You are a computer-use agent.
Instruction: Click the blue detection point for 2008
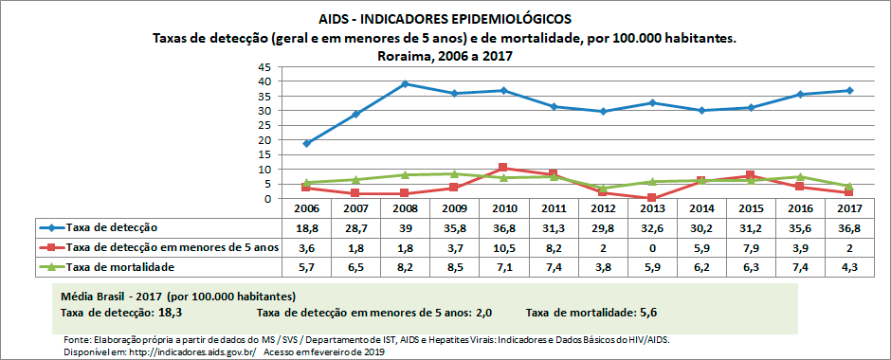[405, 84]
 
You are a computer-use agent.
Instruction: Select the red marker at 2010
[502, 168]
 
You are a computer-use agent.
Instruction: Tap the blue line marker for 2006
[306, 143]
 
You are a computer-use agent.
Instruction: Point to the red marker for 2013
[653, 198]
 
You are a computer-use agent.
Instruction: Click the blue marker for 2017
[848, 90]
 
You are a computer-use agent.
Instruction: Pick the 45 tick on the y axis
[264, 67]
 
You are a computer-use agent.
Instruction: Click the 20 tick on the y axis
[264, 140]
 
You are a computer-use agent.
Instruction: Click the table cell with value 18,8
[306, 228]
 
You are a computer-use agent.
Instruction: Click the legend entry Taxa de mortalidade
[118, 268]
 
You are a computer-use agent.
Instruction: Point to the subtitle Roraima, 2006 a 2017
[445, 55]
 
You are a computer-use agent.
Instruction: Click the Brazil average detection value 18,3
[169, 311]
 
